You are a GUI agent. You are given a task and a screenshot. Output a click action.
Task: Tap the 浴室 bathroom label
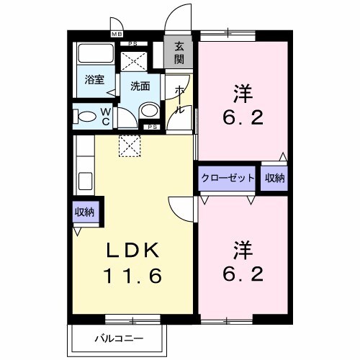coord(93,80)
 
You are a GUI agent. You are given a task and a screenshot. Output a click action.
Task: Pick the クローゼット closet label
coord(227,178)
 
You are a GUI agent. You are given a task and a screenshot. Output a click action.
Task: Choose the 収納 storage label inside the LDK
coord(84,212)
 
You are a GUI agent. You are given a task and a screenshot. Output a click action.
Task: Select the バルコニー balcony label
coord(117,338)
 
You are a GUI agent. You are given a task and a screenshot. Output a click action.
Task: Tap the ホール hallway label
coord(179,99)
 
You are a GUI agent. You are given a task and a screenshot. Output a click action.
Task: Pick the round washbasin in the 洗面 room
coord(148,110)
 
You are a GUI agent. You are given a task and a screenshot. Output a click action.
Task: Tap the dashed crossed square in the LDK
coord(130,146)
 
